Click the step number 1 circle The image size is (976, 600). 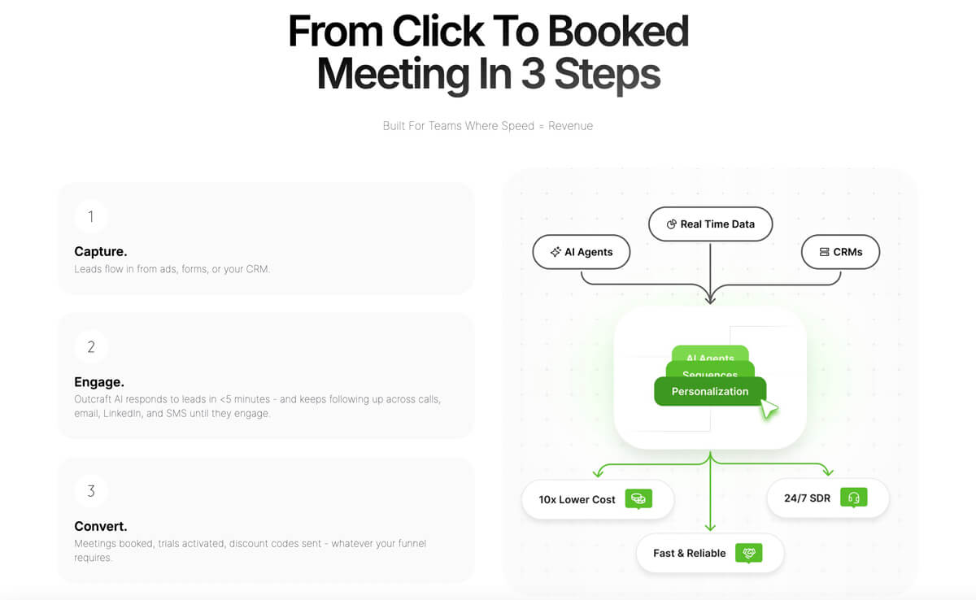(x=90, y=216)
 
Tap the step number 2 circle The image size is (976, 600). (x=90, y=347)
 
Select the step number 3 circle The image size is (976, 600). (x=90, y=491)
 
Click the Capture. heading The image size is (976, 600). (x=101, y=251)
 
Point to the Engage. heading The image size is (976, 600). (x=99, y=382)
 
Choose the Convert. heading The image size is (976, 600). (x=101, y=526)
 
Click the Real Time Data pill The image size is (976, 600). (x=710, y=224)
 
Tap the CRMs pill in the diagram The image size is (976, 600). (x=840, y=252)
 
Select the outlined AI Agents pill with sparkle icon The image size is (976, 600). (x=582, y=252)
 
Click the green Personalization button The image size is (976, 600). (x=710, y=391)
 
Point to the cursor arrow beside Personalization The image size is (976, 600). (x=769, y=409)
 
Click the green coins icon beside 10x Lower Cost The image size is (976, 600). (x=638, y=498)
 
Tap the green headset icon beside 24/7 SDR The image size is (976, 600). (x=854, y=498)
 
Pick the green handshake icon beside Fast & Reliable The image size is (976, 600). (x=748, y=553)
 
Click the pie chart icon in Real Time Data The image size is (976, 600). (x=672, y=224)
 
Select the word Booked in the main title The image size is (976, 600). (x=618, y=32)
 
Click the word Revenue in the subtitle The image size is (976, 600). (x=570, y=126)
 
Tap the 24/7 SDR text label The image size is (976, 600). (x=808, y=498)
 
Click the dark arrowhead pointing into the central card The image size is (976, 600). (x=710, y=299)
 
